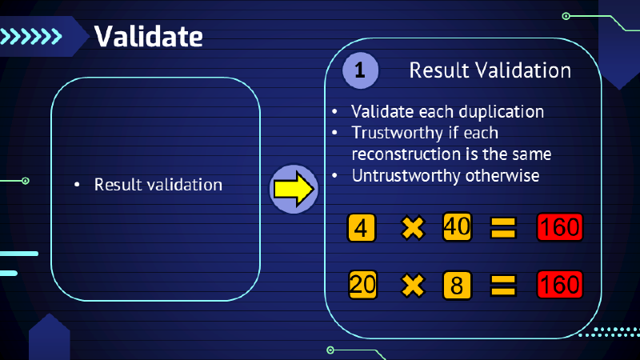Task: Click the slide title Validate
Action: point(148,35)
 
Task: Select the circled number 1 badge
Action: point(360,70)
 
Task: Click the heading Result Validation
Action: point(490,70)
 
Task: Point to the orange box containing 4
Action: point(362,228)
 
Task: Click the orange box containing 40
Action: point(457,227)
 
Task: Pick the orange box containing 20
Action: point(362,284)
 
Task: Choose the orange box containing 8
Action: point(457,284)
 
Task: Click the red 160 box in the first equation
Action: point(559,227)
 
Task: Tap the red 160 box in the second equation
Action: point(559,284)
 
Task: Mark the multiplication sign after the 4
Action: point(412,228)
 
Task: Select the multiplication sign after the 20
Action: point(412,284)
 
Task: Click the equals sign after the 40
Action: point(502,228)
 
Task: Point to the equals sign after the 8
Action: point(502,284)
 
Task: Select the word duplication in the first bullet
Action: point(504,112)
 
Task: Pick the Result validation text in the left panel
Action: point(158,185)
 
